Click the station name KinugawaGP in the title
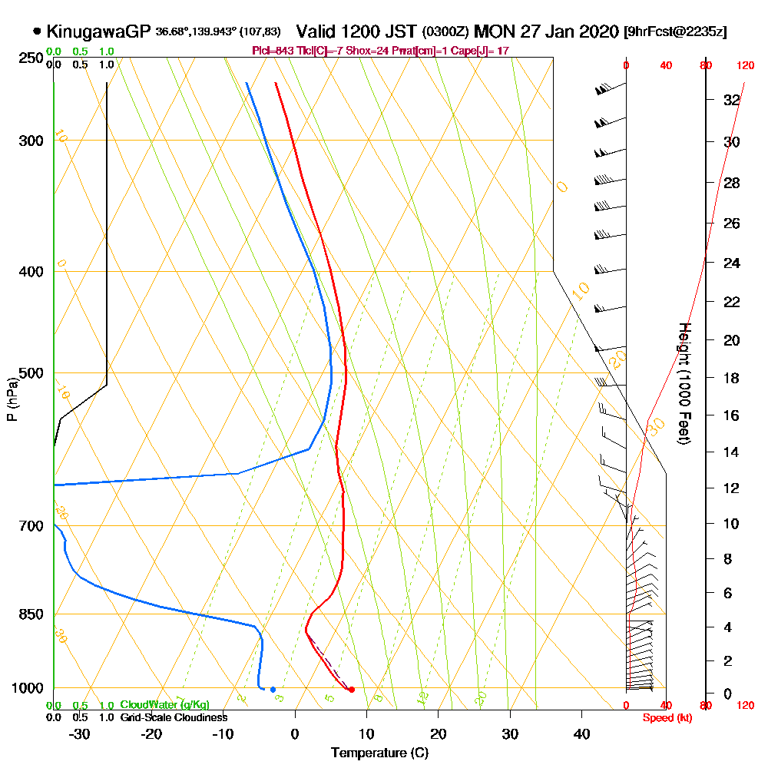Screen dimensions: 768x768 coord(99,32)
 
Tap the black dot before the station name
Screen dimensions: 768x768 coord(37,32)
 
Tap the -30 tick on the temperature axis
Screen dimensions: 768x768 coord(80,733)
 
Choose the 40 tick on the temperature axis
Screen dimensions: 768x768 coord(581,733)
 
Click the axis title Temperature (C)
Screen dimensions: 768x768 coord(379,753)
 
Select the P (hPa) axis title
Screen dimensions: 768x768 coord(12,399)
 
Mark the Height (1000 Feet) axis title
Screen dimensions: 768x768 coord(683,383)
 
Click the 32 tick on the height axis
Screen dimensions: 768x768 coord(731,100)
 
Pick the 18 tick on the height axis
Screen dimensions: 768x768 coord(731,378)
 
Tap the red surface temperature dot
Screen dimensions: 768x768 coord(351,690)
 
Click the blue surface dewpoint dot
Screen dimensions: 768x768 coord(273,690)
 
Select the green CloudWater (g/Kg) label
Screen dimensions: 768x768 coord(164,705)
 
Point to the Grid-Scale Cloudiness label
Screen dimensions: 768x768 coord(174,717)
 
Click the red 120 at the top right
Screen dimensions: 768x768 coord(745,66)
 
